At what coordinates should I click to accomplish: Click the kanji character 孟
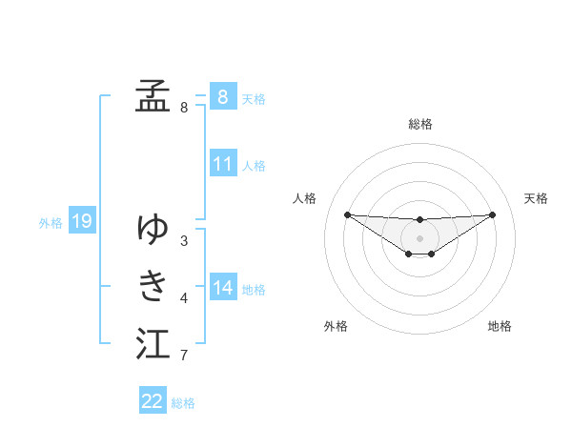point(153,95)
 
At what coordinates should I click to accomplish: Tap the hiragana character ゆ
point(153,229)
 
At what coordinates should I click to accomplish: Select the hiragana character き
point(153,285)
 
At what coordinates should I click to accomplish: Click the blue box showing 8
point(222,97)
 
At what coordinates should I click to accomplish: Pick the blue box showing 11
point(222,164)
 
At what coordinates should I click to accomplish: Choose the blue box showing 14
point(222,288)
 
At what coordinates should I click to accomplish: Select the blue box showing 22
point(153,401)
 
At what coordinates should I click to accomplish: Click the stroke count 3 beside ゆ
point(183,240)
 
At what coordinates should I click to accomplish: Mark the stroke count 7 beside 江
point(183,356)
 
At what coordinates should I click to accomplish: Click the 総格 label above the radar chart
point(419,124)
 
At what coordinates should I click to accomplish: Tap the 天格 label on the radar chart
point(537,198)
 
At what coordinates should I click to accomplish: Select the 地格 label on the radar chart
point(500,326)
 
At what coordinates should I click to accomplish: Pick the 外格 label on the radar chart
point(336,326)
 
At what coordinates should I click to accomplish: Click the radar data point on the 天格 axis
point(492,214)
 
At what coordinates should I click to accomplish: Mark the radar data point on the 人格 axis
point(347,214)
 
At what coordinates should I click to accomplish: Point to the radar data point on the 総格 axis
point(419,220)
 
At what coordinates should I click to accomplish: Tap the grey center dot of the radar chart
point(419,237)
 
